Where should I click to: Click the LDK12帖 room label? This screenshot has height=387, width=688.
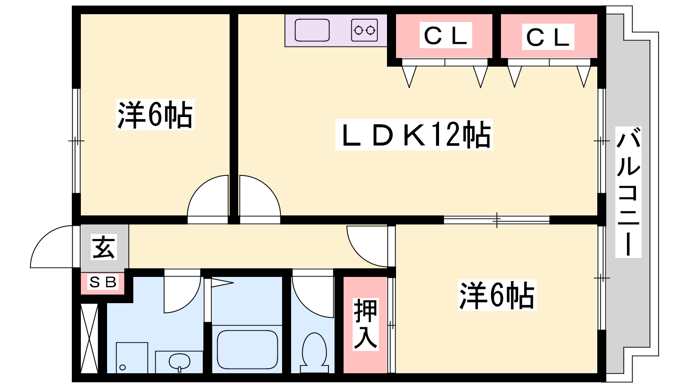coord(415,135)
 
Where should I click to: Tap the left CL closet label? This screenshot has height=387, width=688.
coord(445,35)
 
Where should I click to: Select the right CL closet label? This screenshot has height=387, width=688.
coord(548,37)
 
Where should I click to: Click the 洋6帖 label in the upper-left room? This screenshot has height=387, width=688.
coord(155,114)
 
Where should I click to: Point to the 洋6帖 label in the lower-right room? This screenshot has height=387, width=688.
coord(497,295)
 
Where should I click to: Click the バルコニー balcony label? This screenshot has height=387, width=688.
coord(628,192)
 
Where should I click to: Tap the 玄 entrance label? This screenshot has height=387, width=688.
coord(104,247)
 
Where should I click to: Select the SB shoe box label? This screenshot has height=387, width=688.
coord(103,282)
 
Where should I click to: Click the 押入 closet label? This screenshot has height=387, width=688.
coord(365,324)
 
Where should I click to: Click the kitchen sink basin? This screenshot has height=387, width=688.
coord(312,30)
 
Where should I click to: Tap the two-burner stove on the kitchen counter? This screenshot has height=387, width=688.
coord(364,30)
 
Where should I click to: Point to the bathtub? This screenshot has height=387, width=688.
coord(247,349)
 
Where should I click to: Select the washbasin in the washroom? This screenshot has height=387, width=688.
coord(179,362)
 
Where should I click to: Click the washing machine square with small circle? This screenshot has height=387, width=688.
coord(132,358)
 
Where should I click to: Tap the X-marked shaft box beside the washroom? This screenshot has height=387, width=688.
coord(89,338)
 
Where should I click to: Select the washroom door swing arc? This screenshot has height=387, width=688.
coord(182,294)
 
